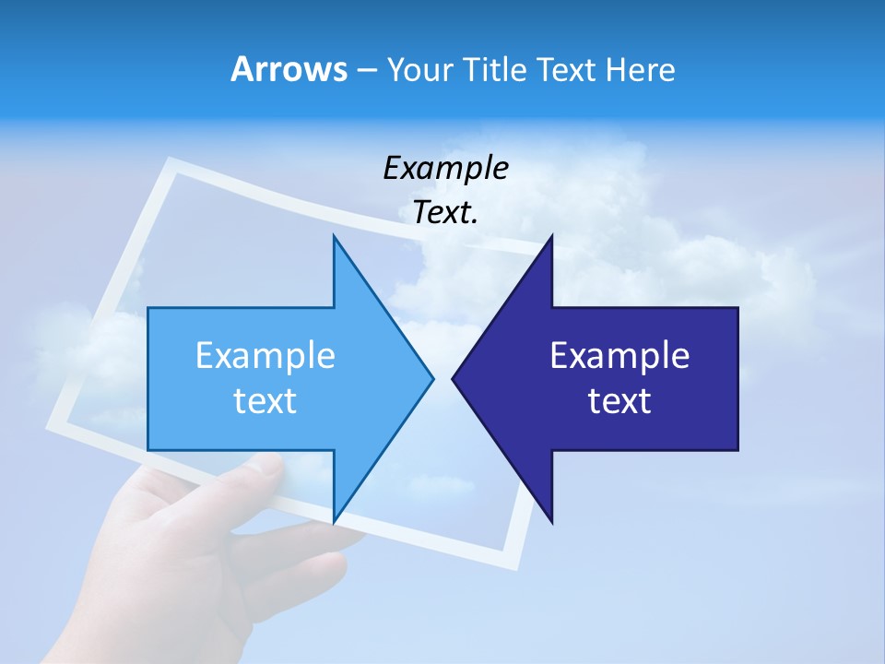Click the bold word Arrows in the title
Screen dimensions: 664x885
tap(289, 69)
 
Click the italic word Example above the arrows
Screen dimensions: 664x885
tap(445, 169)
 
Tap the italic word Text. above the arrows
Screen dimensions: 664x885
tap(445, 213)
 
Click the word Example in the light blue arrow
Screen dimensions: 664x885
tap(265, 356)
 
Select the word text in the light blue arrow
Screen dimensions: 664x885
tap(265, 401)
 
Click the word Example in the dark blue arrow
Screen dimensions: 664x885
tap(619, 356)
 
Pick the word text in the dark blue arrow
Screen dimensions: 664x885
tap(619, 401)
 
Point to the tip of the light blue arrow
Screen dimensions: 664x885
tap(431, 378)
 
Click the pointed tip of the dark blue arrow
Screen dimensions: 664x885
tap(454, 378)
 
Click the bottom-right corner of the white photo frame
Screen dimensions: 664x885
tap(513, 564)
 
